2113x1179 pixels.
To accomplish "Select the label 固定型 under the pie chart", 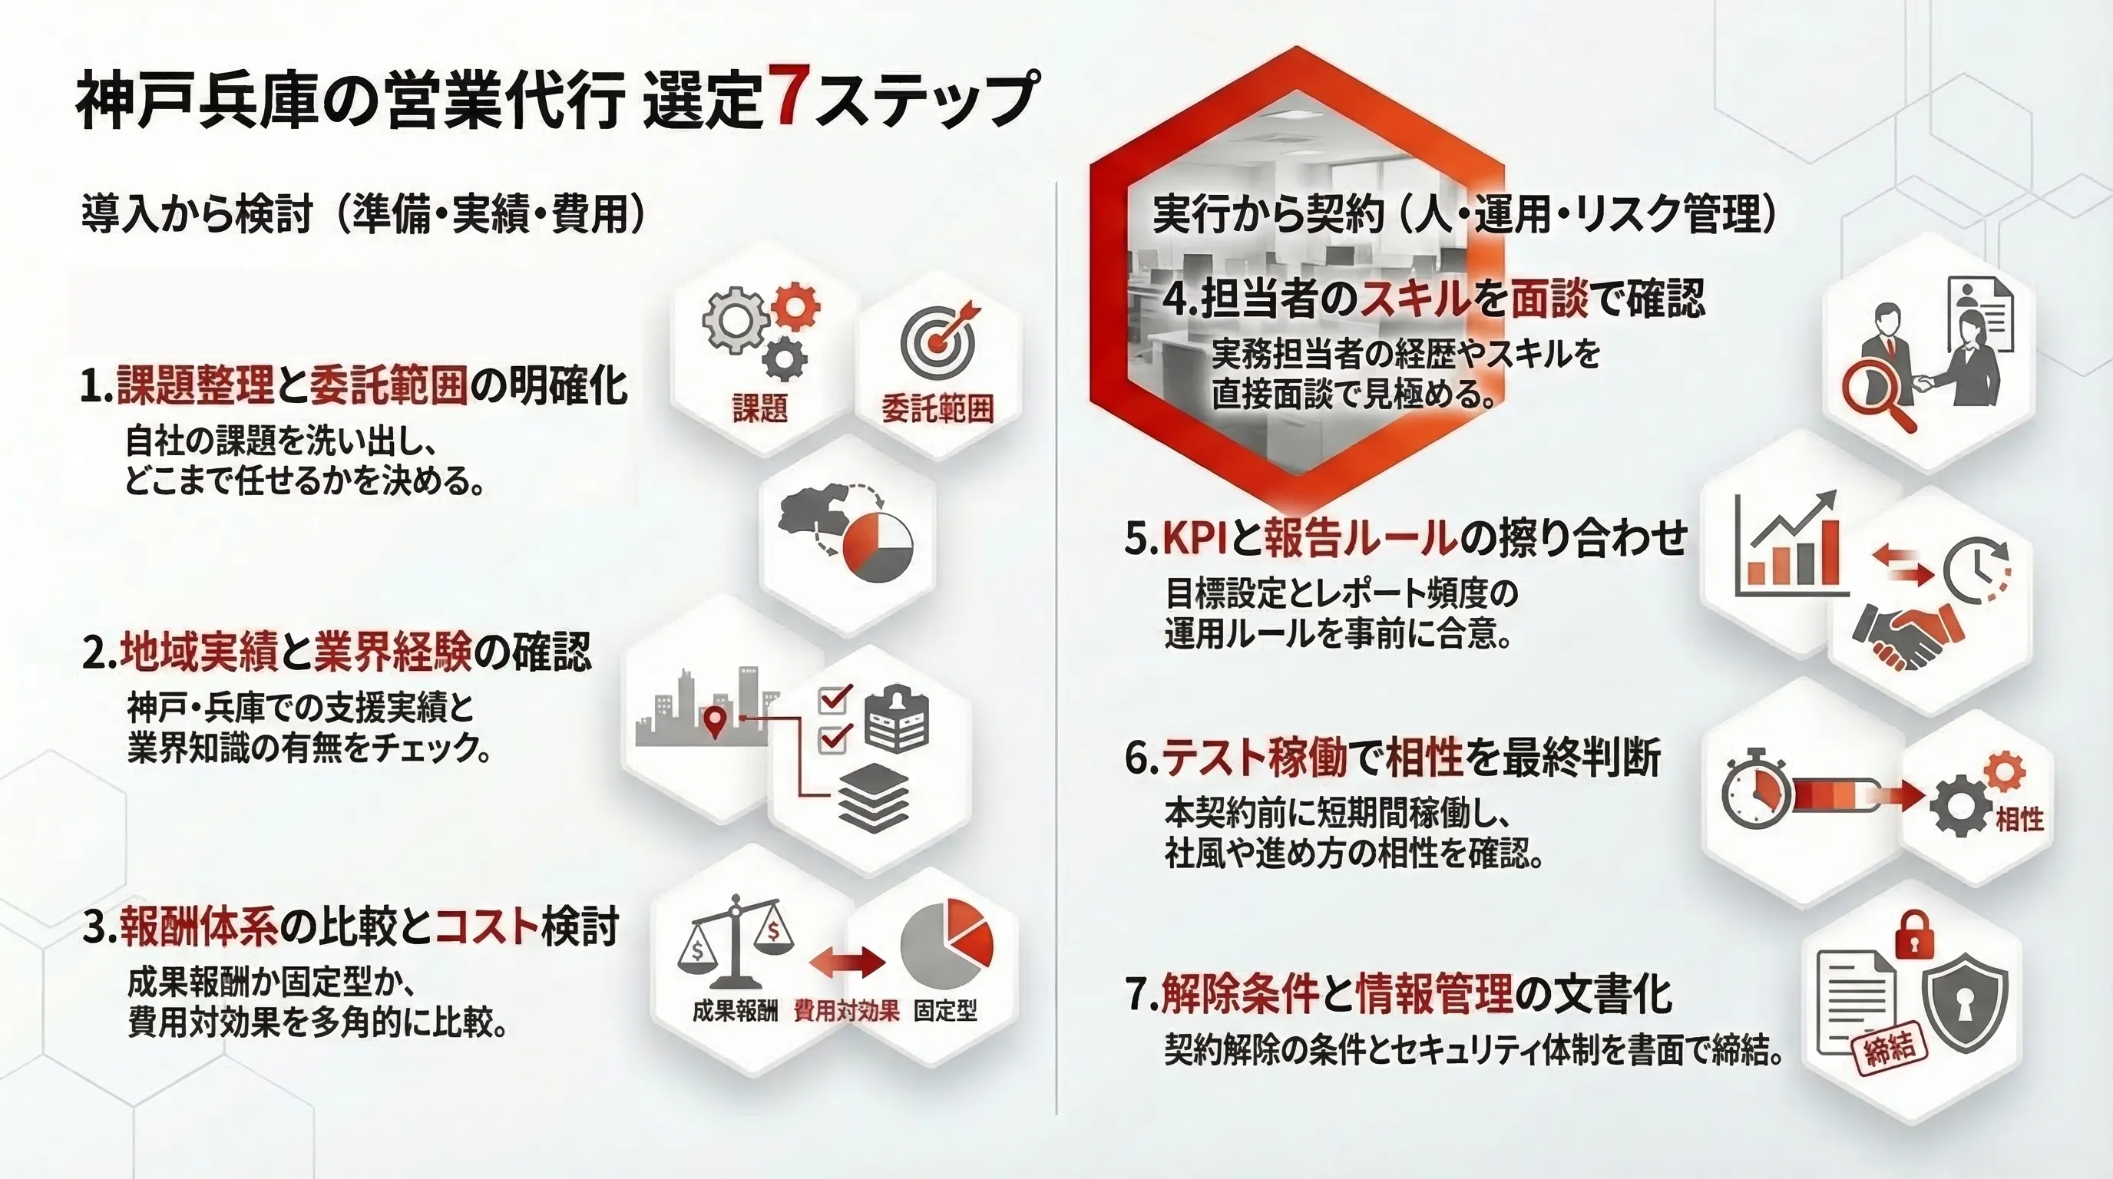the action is click(946, 1011).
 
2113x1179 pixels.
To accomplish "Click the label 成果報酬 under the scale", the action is click(735, 1011).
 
